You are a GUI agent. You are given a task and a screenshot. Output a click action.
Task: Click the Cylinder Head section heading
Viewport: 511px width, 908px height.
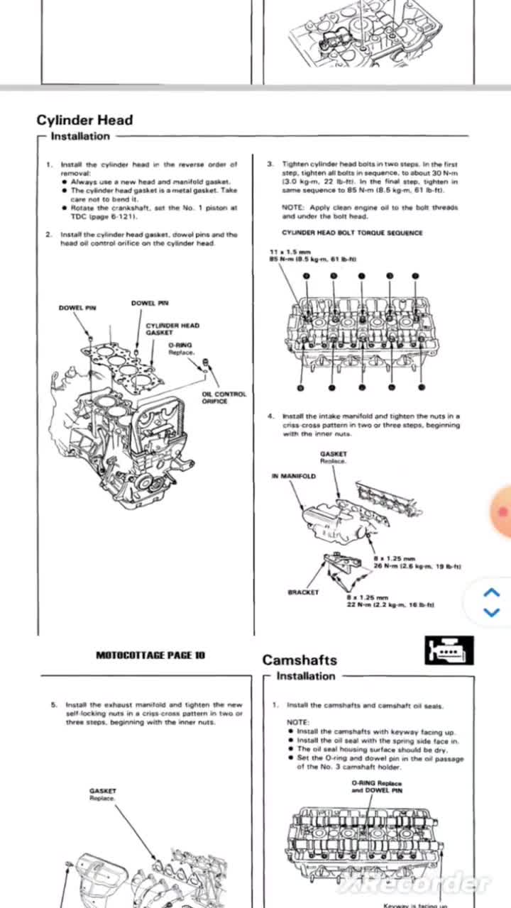[84, 120]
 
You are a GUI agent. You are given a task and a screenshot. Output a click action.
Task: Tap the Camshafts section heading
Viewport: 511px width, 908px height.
[299, 660]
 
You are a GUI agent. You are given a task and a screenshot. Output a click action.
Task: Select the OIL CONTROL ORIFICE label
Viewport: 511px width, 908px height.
[224, 397]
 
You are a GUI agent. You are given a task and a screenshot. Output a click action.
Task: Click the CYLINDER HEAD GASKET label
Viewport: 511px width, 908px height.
[172, 328]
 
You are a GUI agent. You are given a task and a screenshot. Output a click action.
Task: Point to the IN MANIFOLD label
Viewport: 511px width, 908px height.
[293, 476]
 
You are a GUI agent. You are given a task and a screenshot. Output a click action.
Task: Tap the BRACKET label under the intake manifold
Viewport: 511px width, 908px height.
[303, 592]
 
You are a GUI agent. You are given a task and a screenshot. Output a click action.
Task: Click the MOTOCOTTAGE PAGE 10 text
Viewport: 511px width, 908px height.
[150, 655]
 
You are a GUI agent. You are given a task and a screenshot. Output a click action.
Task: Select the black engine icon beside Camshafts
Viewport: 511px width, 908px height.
[449, 650]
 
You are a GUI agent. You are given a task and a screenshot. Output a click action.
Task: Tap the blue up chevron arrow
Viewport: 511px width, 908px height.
[491, 593]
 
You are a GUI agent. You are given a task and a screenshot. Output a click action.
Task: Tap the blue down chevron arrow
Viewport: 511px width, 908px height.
[491, 611]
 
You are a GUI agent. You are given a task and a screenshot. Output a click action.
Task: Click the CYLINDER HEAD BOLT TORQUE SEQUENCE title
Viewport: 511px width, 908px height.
[352, 233]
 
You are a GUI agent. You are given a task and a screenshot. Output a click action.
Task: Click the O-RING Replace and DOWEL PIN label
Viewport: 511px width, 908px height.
[376, 786]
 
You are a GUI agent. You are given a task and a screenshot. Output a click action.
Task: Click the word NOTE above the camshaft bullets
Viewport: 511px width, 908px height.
[297, 722]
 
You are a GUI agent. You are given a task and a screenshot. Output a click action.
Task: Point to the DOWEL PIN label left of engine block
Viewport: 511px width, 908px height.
[77, 308]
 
